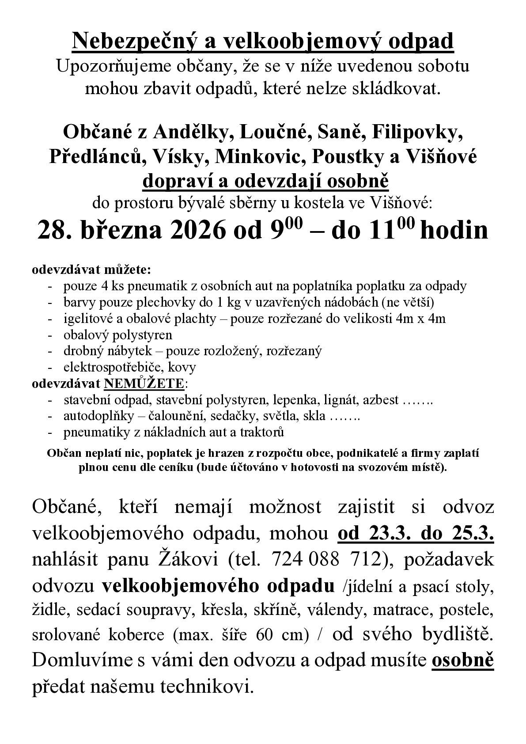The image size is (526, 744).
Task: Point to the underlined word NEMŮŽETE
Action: (144, 383)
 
